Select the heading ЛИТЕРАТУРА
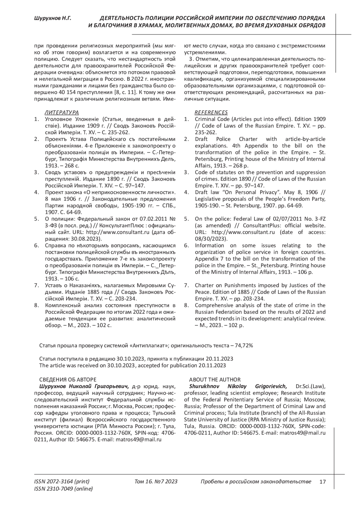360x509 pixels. pyautogui.click(x=61, y=112)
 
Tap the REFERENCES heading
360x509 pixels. pyautogui.click(x=211, y=112)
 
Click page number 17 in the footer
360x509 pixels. pyautogui.click(x=322, y=482)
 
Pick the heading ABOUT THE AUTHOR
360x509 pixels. pyautogui.click(x=214, y=380)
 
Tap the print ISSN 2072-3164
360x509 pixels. pyautogui.click(x=62, y=482)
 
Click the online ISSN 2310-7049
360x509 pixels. pyautogui.click(x=64, y=489)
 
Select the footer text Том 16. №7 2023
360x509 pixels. pyautogui.click(x=156, y=482)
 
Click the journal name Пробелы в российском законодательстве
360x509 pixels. pyautogui.click(x=256, y=482)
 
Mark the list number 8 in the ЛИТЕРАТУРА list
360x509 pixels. pyautogui.click(x=37, y=305)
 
